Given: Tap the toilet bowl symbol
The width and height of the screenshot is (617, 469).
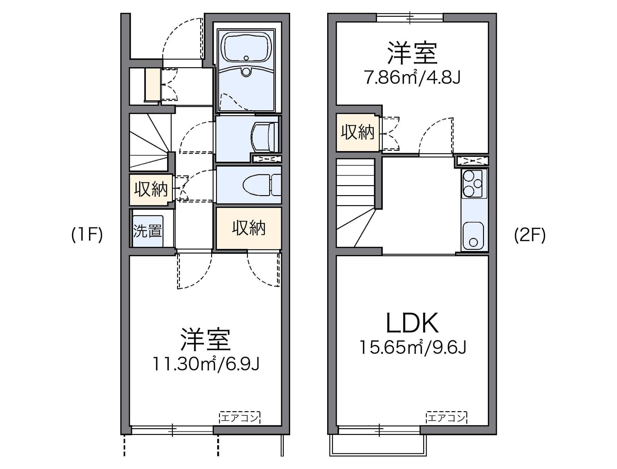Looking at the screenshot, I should [x=257, y=185].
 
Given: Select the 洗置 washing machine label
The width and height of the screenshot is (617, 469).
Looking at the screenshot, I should [x=148, y=230].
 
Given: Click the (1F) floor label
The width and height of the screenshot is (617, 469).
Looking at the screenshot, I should [x=87, y=235].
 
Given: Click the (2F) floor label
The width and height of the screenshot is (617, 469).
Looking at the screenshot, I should [x=530, y=235].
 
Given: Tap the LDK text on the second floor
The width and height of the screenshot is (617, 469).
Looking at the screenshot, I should [x=412, y=323].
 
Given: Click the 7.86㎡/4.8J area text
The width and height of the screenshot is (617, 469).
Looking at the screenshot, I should [x=413, y=77].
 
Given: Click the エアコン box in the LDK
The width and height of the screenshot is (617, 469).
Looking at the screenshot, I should [x=446, y=418].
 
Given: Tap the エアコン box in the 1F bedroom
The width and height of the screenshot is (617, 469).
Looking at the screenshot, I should [x=240, y=418].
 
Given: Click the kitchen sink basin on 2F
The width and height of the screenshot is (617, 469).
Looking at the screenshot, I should [x=473, y=236].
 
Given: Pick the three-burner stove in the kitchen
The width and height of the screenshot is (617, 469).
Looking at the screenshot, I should [x=474, y=184].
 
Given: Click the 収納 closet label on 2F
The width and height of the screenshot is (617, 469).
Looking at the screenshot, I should [x=358, y=132].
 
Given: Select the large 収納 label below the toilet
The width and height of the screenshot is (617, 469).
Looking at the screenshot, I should [x=249, y=228].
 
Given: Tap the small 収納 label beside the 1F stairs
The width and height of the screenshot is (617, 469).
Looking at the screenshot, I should [x=151, y=189].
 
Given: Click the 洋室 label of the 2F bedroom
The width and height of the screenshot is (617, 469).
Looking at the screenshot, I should [x=413, y=53].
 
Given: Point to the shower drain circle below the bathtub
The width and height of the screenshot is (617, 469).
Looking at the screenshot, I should [x=246, y=71].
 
